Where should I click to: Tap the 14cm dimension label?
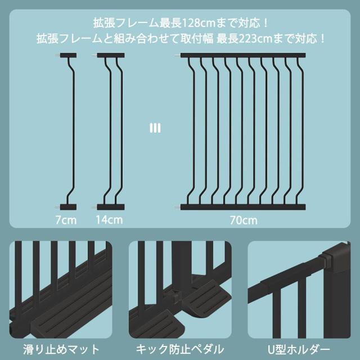pos(110,220)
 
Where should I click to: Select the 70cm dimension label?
pos(244,220)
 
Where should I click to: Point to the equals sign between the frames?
pos(155,128)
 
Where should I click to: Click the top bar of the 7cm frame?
pos(69,56)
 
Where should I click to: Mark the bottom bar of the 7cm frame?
pos(69,206)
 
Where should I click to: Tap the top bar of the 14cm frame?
pos(110,56)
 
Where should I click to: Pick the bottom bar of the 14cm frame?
pos(110,206)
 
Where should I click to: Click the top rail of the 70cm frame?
pos(243,56)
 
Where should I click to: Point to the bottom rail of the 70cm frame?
pos(243,206)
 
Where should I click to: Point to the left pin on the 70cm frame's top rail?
pos(178,56)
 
